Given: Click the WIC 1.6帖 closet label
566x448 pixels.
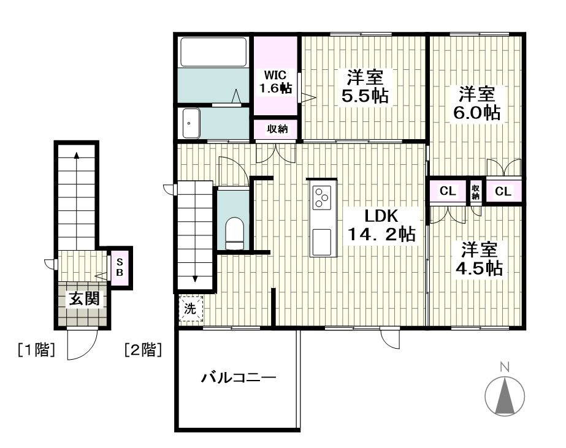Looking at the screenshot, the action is click(x=276, y=82).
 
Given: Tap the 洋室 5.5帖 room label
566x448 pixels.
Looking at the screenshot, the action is click(x=365, y=86).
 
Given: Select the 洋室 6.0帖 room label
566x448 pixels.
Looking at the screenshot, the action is click(x=476, y=103).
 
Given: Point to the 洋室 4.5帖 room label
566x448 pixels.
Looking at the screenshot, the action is click(x=479, y=259).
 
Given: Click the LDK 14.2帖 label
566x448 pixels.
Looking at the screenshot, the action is click(x=381, y=225).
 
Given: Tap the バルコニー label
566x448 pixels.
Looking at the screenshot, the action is click(x=239, y=378).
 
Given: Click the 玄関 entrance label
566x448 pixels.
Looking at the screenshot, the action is click(x=84, y=299).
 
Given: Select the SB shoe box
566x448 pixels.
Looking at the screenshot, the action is click(x=120, y=267).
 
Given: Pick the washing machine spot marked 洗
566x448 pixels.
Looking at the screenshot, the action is click(x=191, y=308).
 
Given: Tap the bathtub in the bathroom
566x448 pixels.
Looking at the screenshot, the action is click(x=213, y=52).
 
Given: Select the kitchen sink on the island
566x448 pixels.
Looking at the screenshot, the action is click(x=321, y=242).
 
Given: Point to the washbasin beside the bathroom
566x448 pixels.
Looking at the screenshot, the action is click(x=191, y=123).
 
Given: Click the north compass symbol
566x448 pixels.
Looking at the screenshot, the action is click(x=505, y=396).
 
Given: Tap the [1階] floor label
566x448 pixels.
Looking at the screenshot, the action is click(x=36, y=349).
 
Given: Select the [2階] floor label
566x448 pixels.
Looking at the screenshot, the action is click(x=143, y=349).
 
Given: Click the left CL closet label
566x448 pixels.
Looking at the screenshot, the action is click(x=448, y=191).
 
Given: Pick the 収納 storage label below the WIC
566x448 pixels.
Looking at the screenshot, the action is click(x=277, y=129).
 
